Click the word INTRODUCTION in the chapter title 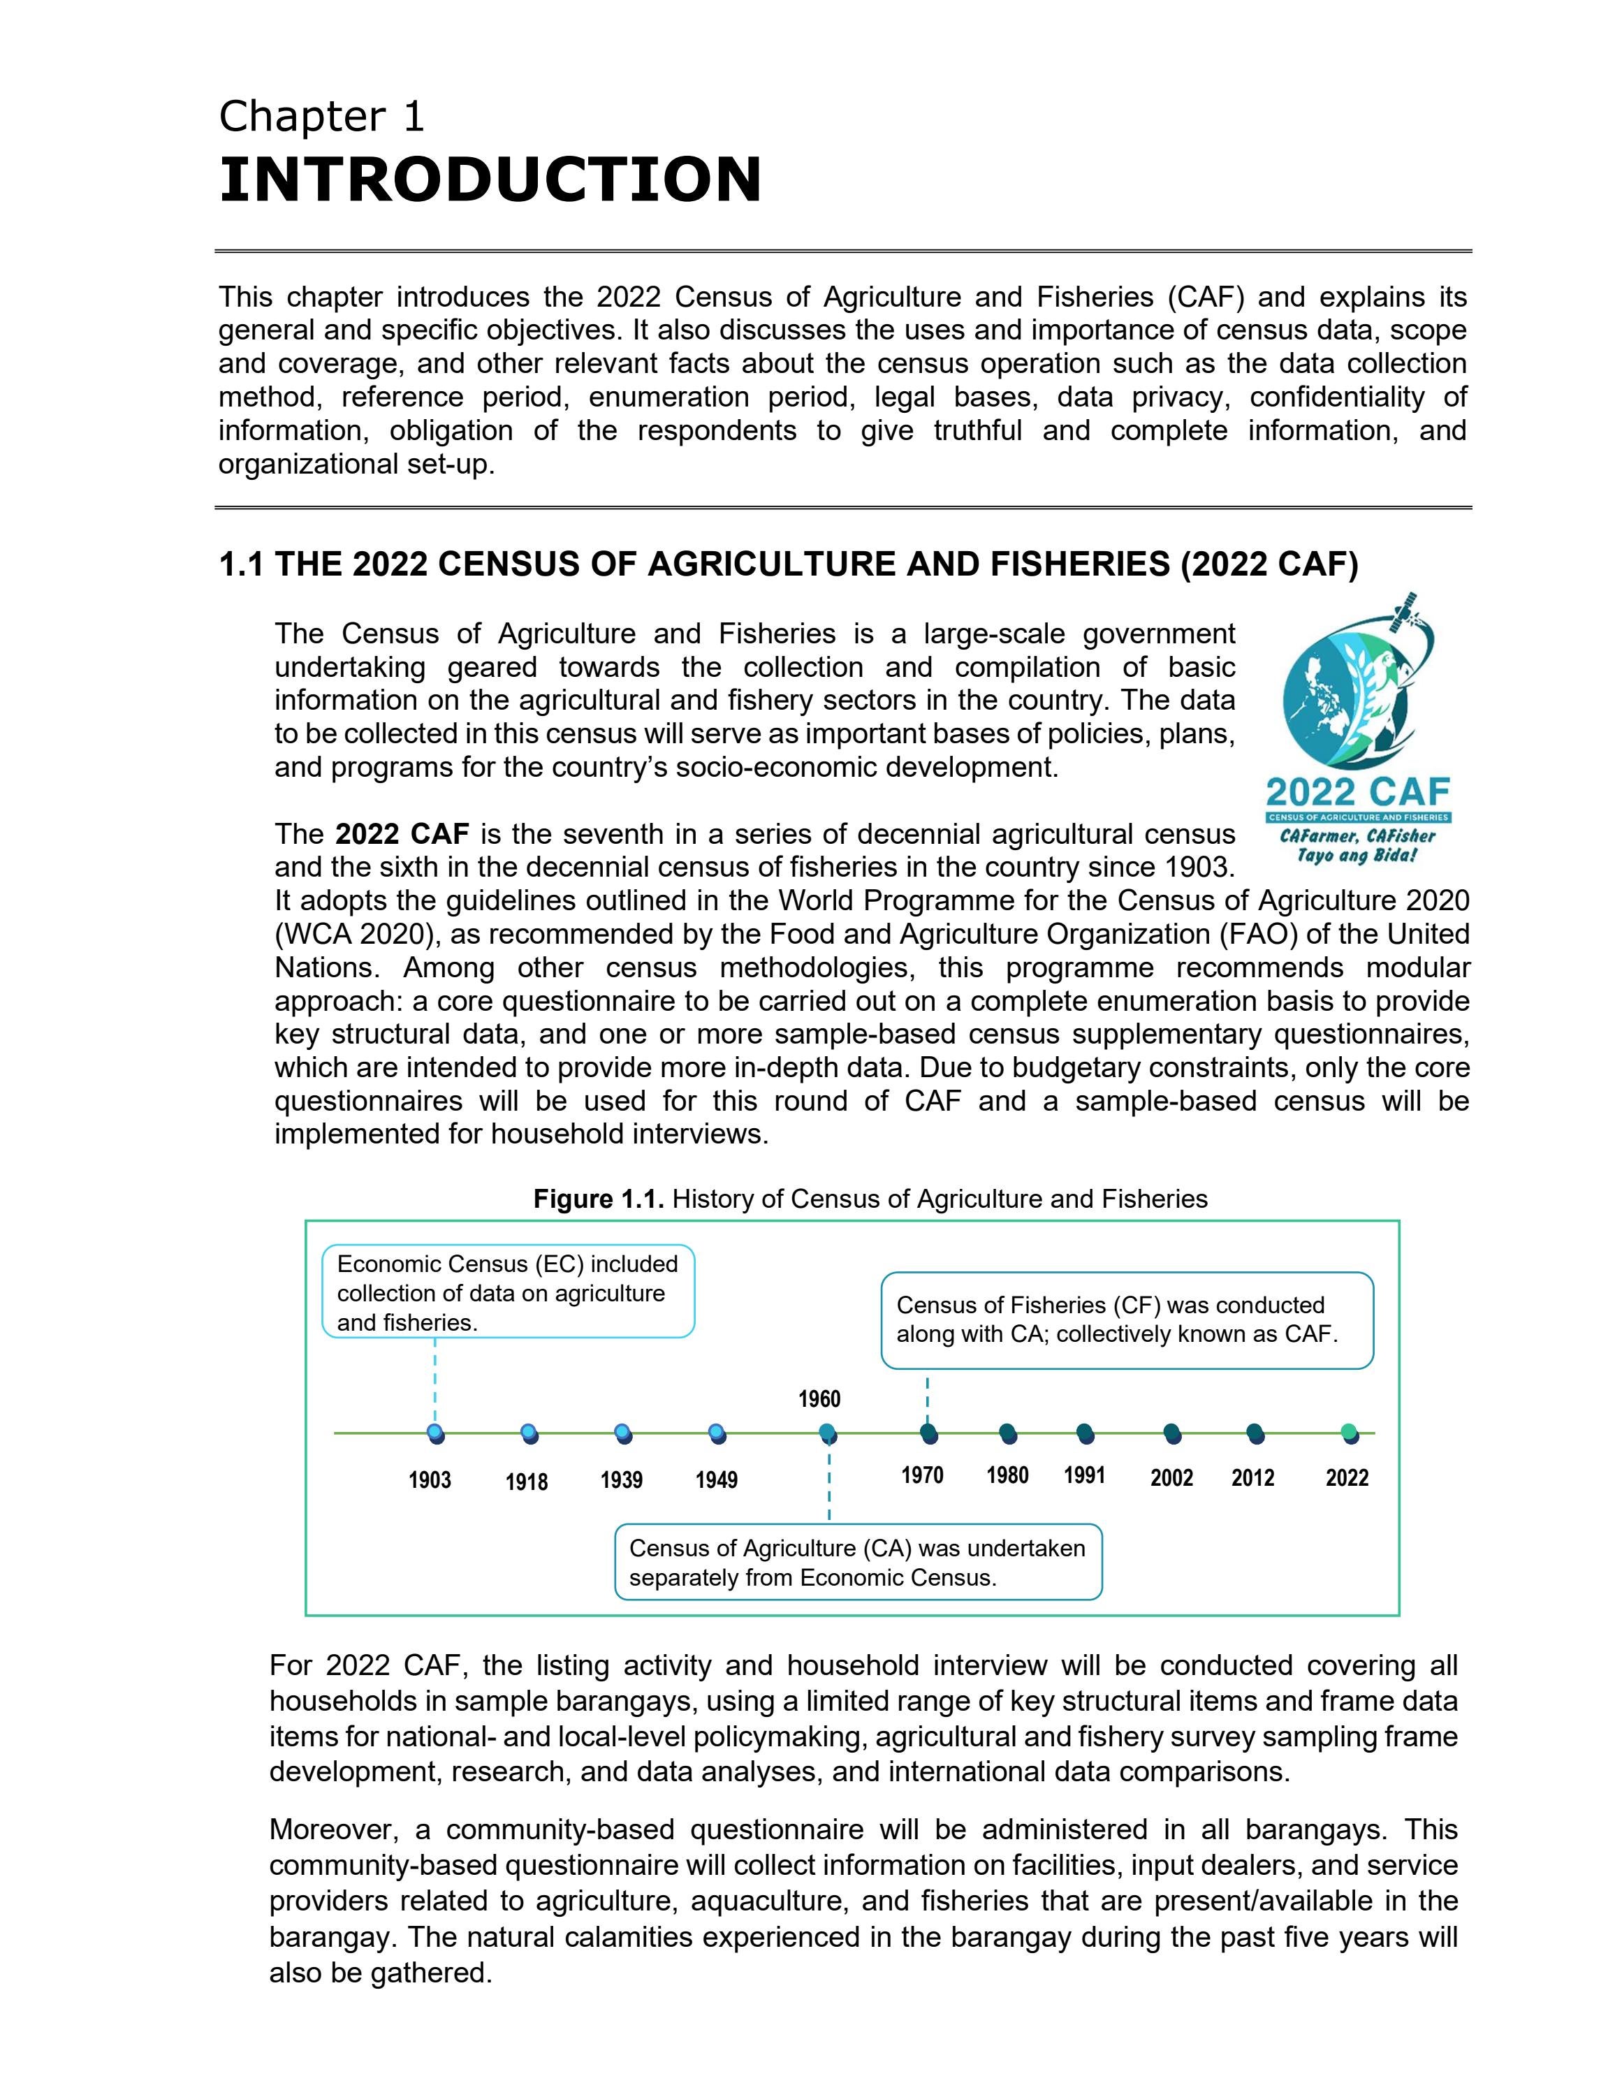click(490, 180)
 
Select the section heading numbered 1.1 click(789, 564)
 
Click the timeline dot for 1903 click(437, 1433)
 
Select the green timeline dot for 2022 click(1349, 1433)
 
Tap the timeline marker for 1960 click(828, 1433)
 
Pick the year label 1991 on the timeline click(1084, 1475)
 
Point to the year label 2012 click(1252, 1479)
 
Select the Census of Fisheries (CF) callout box click(1126, 1320)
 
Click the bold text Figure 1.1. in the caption click(598, 1199)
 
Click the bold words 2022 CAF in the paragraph click(402, 835)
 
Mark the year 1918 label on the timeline click(526, 1482)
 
